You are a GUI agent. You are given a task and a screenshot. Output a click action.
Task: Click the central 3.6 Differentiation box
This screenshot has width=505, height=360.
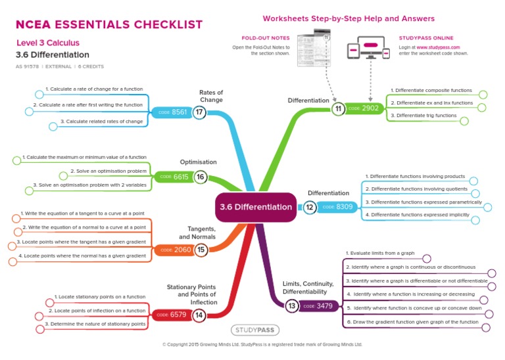[255, 207]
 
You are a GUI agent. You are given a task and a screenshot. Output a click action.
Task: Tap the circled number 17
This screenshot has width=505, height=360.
[200, 112]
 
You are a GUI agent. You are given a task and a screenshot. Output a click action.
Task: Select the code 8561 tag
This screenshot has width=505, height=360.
[174, 112]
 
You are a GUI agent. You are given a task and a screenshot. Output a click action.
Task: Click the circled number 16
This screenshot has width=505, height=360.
[201, 177]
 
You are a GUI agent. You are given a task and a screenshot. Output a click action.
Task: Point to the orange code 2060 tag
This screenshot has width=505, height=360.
[176, 250]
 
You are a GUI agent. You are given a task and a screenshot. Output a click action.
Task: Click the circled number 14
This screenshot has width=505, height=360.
[199, 315]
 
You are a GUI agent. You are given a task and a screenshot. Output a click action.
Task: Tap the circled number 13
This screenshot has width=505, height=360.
[291, 306]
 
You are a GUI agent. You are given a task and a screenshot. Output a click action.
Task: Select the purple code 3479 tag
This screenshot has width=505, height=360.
[318, 306]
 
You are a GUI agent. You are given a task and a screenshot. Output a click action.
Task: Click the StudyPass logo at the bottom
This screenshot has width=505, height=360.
[252, 330]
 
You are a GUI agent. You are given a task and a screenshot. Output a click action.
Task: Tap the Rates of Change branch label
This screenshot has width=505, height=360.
[211, 97]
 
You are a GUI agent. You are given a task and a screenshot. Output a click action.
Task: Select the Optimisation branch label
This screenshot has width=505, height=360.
[198, 162]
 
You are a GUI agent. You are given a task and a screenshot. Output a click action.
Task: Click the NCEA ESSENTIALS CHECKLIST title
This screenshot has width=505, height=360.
[109, 25]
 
